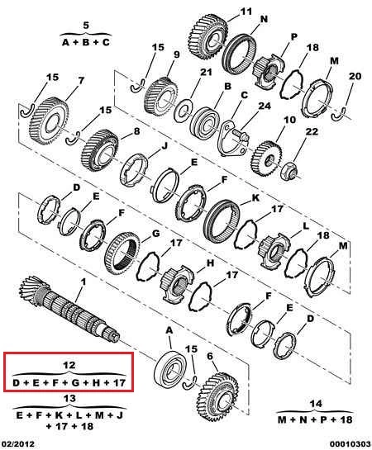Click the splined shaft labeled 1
tap(69, 310)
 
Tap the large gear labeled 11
tap(209, 38)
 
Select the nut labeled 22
tap(289, 171)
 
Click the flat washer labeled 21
tap(184, 110)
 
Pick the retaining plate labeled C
tap(231, 139)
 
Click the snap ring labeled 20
tap(339, 114)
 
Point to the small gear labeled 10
tap(267, 159)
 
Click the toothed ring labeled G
tap(122, 253)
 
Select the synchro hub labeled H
tap(177, 284)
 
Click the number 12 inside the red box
tap(69, 365)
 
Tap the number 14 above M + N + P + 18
tap(316, 404)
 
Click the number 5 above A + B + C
tap(86, 26)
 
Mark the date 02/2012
tap(17, 444)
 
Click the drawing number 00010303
tap(351, 444)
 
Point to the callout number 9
tap(176, 54)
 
